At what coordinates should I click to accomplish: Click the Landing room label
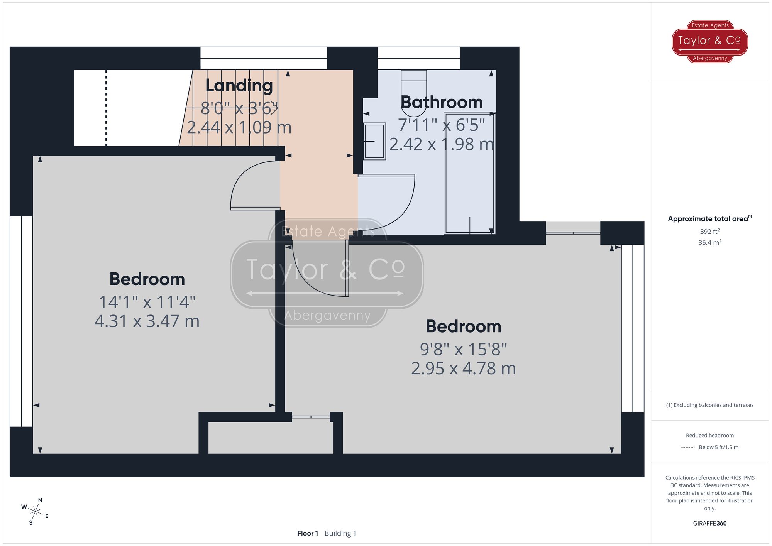[x=239, y=86]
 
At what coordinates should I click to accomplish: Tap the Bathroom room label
[x=442, y=102]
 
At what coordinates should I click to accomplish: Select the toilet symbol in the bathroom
[x=414, y=93]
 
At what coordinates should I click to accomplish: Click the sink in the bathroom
[x=374, y=141]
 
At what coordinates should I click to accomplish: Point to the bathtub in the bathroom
[x=469, y=173]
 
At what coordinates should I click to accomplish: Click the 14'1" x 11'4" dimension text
[x=147, y=302]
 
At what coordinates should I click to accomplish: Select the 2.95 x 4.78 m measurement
[x=463, y=369]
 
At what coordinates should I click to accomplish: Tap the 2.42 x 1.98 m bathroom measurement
[x=441, y=144]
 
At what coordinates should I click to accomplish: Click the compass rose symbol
[x=35, y=512]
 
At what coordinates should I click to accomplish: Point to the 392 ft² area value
[x=709, y=232]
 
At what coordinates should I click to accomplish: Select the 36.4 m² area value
[x=709, y=242]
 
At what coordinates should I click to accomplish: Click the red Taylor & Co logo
[x=709, y=41]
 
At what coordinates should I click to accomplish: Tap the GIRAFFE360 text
[x=709, y=523]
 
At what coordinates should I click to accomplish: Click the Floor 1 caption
[x=307, y=533]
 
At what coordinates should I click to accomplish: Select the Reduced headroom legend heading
[x=709, y=435]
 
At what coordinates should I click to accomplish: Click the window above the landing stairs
[x=264, y=58]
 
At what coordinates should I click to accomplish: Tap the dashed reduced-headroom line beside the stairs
[x=106, y=108]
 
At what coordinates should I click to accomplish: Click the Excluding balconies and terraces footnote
[x=709, y=405]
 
